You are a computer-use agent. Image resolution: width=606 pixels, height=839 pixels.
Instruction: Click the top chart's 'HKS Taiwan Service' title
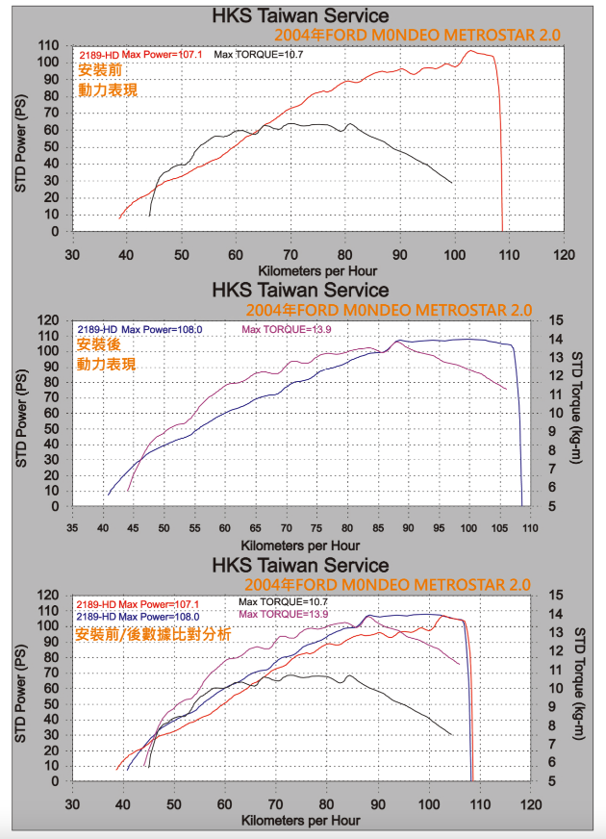pos(301,16)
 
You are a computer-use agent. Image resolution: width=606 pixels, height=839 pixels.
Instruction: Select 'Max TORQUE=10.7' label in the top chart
pos(259,55)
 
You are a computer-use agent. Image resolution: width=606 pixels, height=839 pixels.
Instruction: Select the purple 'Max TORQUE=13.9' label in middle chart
pos(287,329)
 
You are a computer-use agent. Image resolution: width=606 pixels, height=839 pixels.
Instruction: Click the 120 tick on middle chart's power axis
pos(52,319)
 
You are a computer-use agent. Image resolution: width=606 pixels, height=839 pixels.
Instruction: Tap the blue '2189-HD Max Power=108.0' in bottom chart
pos(138,616)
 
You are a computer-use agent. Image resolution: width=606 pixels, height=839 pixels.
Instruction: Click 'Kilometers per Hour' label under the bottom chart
pos(301,820)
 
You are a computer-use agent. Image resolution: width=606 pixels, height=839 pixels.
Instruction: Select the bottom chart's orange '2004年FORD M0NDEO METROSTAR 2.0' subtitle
pos(389,585)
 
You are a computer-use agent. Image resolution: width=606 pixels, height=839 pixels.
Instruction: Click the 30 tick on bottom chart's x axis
pos(72,803)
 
